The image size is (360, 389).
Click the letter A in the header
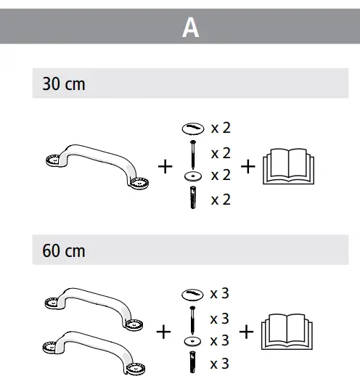click(x=190, y=28)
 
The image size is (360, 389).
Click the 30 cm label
click(x=64, y=84)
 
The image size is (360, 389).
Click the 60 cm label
click(x=64, y=251)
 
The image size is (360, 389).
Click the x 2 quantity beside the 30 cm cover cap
click(x=221, y=128)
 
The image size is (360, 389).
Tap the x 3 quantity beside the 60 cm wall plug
click(x=220, y=362)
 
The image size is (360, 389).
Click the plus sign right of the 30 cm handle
click(x=165, y=167)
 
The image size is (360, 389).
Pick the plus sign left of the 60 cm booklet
click(x=247, y=332)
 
